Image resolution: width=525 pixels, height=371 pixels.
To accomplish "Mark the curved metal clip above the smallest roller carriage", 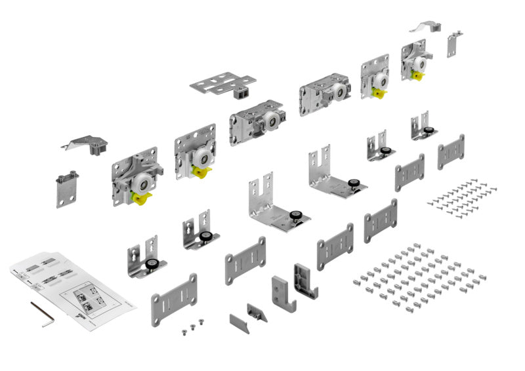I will pos(421,27).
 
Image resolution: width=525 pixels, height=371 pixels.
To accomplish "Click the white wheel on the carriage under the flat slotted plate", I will pos(268,122).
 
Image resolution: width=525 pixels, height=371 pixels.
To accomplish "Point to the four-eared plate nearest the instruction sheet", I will pos(174,298).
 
